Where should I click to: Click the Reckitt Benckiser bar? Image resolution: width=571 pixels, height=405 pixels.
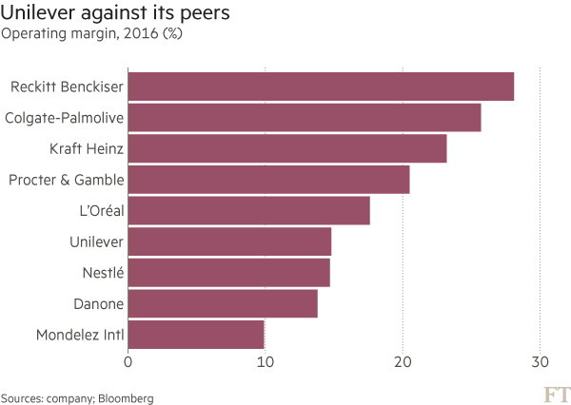(321, 87)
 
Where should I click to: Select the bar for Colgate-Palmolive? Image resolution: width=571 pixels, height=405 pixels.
(305, 118)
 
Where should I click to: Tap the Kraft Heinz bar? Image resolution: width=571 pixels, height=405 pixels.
(287, 149)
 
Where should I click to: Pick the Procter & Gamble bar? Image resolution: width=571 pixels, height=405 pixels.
(268, 180)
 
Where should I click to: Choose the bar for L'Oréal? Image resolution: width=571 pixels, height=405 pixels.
(248, 211)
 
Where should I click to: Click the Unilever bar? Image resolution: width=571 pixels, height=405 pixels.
(229, 241)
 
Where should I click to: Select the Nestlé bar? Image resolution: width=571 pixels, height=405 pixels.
(228, 273)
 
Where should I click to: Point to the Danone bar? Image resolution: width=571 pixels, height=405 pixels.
(223, 304)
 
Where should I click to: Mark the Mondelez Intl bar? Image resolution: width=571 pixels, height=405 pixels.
(197, 335)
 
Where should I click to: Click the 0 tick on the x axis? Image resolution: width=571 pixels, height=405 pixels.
(128, 362)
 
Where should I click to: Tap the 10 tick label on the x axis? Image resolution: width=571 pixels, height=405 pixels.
(266, 362)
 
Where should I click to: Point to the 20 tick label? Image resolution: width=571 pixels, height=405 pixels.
(404, 362)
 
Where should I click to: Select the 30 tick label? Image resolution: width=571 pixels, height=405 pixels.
(541, 362)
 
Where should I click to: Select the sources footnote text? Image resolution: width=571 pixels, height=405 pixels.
(77, 397)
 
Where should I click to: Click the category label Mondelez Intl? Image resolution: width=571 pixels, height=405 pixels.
(80, 335)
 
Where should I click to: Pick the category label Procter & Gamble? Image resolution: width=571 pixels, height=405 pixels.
(67, 180)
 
